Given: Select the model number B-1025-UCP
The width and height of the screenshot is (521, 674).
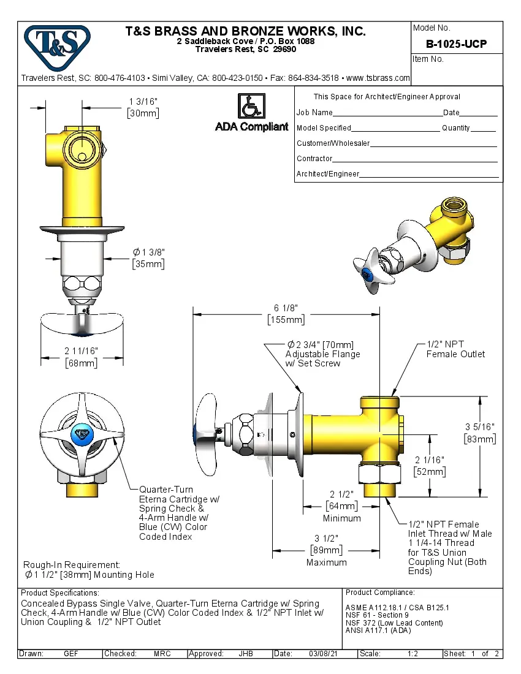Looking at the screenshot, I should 456,44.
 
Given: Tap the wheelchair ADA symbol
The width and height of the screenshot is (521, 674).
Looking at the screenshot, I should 251,106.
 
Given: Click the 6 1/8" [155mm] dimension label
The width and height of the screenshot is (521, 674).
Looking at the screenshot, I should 286,314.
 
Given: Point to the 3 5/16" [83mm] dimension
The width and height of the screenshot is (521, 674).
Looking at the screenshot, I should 479,433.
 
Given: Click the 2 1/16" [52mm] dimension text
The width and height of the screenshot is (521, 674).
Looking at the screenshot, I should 429,466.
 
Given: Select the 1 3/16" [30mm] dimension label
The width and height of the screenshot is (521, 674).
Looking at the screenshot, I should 143,107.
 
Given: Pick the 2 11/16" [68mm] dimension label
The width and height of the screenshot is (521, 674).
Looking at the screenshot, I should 81,357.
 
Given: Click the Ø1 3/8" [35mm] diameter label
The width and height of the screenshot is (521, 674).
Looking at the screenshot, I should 148,258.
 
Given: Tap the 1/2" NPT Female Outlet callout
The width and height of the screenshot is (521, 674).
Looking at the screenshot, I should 455,349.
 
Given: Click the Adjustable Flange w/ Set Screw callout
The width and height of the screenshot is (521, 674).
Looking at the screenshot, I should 322,354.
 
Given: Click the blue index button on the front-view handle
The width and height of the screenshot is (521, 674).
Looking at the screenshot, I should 81,436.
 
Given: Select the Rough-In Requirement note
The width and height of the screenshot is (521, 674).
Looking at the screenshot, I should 89,569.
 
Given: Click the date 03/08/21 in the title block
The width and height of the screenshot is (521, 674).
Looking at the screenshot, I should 325,654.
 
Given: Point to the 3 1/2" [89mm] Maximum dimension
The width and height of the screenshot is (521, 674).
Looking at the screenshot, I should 326,550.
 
